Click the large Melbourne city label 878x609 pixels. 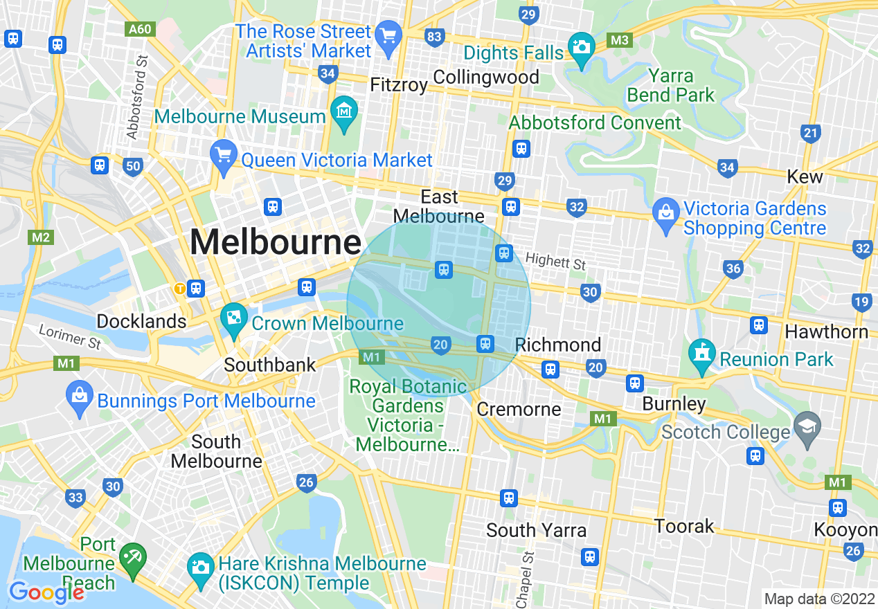click(x=275, y=243)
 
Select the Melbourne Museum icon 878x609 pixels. click(x=344, y=109)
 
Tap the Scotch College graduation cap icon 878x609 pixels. click(x=807, y=424)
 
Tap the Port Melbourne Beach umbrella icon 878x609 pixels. click(x=131, y=554)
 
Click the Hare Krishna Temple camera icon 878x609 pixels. click(x=200, y=566)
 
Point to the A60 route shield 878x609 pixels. click(x=140, y=30)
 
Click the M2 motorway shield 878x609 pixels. click(x=41, y=237)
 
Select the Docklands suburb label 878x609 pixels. click(x=141, y=321)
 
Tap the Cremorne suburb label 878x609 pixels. click(x=519, y=409)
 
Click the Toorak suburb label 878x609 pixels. click(x=684, y=526)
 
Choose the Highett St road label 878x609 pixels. click(x=555, y=262)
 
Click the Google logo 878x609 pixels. click(x=46, y=592)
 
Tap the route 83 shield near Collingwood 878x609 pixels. click(x=434, y=37)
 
